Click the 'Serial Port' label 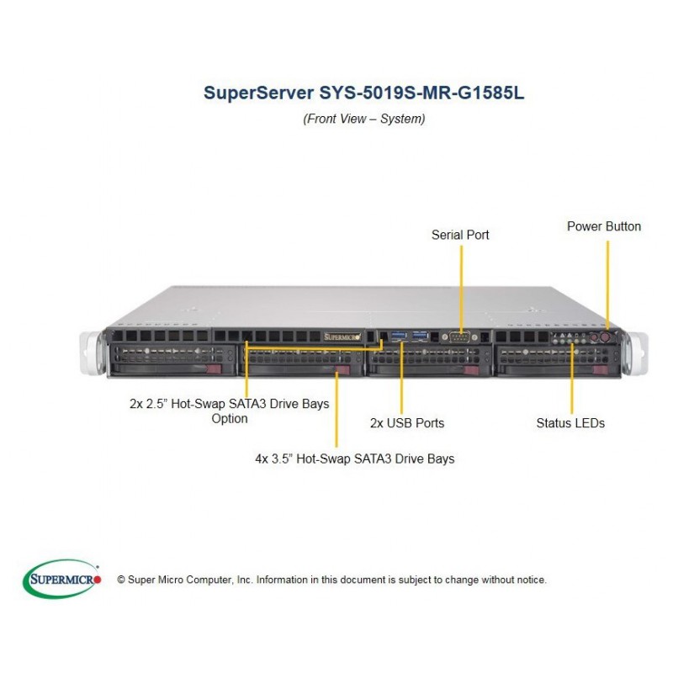[460, 235]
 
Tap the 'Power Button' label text [604, 226]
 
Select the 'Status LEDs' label [570, 423]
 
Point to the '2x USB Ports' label [407, 423]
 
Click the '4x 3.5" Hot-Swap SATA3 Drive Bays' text [354, 458]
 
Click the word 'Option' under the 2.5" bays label [230, 418]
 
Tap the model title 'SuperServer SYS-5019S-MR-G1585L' [363, 93]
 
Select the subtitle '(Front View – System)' [364, 119]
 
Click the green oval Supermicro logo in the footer [62, 579]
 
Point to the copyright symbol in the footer [121, 580]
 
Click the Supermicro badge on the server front [342, 337]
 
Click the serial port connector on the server [459, 337]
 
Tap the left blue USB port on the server [399, 335]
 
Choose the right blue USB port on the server [420, 335]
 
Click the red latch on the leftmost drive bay [214, 369]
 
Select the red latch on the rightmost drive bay [600, 370]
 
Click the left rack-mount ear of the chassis [92, 352]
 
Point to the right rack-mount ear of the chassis [637, 353]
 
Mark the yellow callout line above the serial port [461, 289]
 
